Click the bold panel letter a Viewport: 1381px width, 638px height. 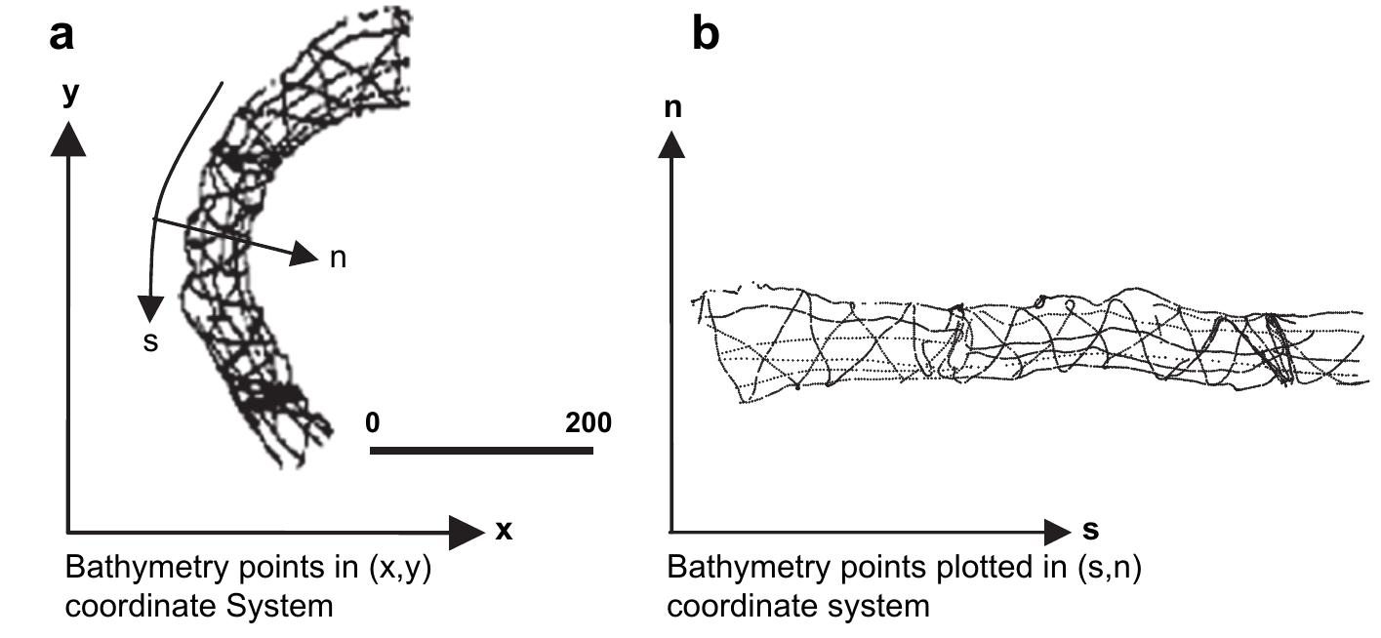pos(61,36)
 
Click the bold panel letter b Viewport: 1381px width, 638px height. pos(706,36)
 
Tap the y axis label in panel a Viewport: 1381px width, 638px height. pos(69,94)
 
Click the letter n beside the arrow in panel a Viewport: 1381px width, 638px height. pos(338,259)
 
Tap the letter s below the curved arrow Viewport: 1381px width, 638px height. pos(149,343)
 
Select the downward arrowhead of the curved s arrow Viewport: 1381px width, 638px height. pos(149,309)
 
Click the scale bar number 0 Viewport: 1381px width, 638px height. pos(372,423)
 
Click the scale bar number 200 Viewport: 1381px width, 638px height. pos(589,423)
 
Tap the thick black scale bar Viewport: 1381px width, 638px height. pos(481,451)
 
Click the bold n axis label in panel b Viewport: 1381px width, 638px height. pos(671,107)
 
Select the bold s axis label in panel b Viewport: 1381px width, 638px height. pos(1091,530)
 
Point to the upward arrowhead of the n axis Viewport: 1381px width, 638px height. pos(671,143)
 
